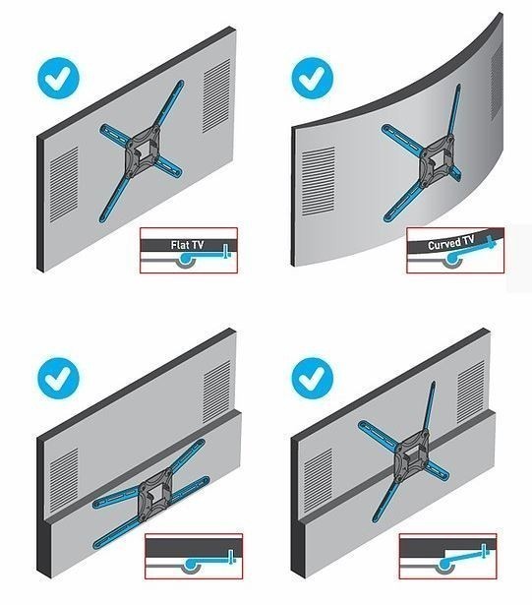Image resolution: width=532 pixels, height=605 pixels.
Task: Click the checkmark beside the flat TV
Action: (58, 78)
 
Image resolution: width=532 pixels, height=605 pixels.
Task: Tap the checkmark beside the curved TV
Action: (312, 78)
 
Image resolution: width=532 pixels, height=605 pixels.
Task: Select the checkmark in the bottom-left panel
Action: (58, 378)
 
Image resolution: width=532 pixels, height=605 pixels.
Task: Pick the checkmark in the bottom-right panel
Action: (312, 378)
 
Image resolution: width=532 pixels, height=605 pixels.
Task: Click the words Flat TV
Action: (187, 245)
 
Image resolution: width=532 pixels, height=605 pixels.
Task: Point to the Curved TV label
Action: (451, 243)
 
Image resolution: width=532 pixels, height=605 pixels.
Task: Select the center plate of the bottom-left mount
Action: (155, 495)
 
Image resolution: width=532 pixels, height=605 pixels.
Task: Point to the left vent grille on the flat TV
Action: (64, 184)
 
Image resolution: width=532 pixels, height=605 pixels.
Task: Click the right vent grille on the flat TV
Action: (216, 96)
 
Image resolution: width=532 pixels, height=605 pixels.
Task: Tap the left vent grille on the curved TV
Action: (318, 181)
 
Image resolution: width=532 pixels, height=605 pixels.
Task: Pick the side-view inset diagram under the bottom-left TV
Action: (194, 556)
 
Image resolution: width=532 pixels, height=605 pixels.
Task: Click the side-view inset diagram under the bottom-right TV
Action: (447, 556)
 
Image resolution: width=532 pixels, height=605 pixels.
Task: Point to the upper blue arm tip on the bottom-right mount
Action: (434, 383)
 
